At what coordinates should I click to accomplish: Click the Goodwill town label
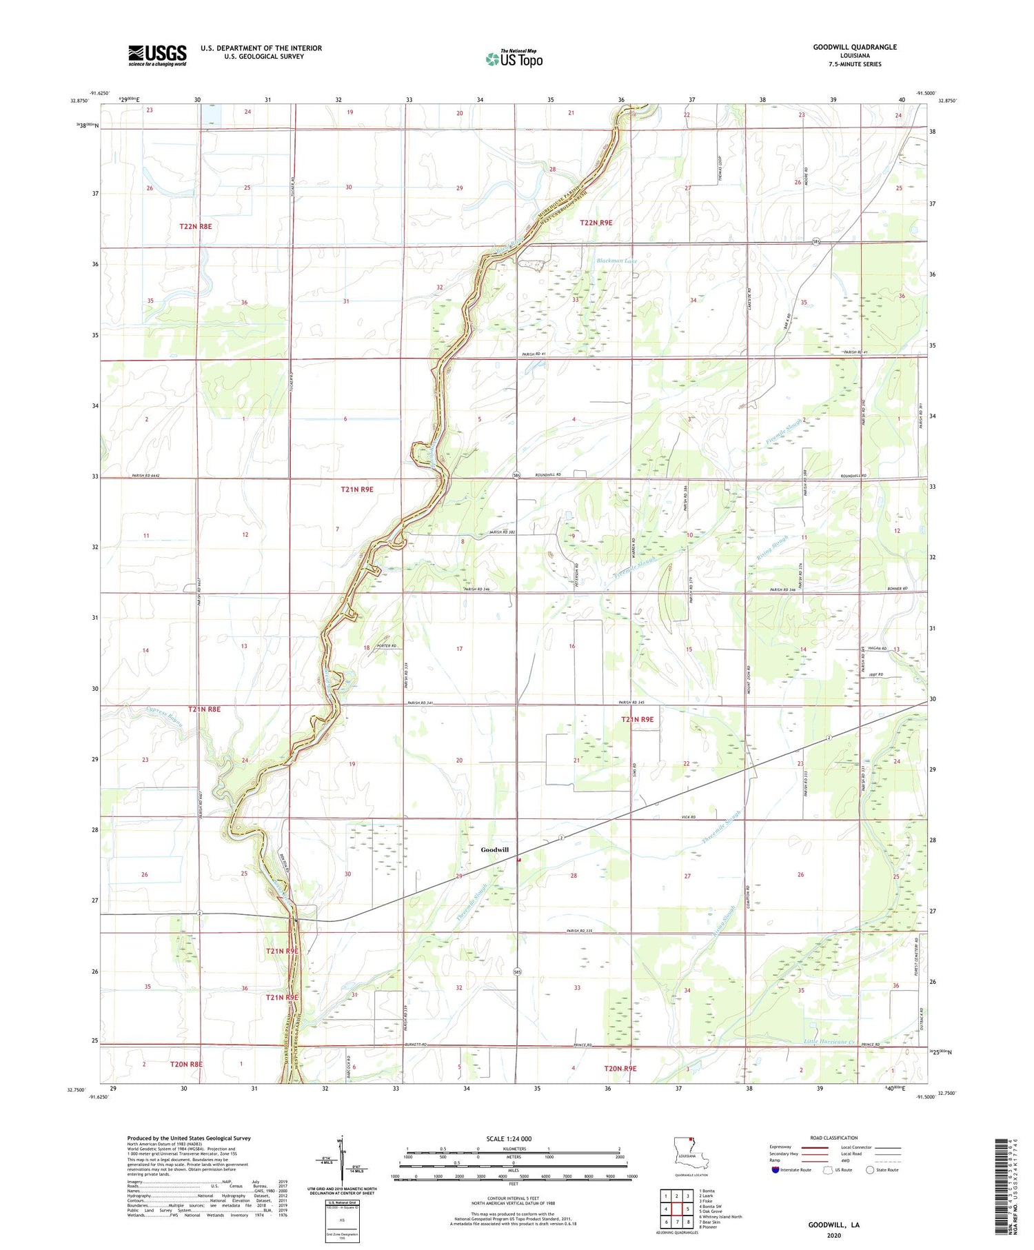click(494, 849)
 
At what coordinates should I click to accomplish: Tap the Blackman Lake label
click(617, 261)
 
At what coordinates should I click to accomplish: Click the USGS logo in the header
click(157, 55)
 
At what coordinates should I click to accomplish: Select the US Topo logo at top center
click(514, 59)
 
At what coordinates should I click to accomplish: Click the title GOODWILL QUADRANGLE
click(855, 47)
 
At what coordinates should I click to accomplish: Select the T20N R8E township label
click(186, 1064)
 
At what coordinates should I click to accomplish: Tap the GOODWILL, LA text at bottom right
click(834, 1225)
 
